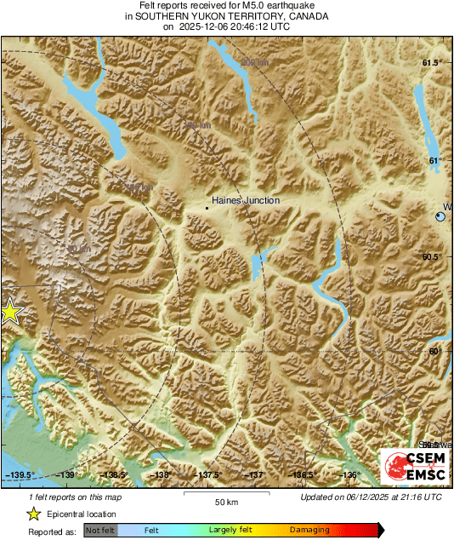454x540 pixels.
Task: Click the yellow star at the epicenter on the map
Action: [x=9, y=312]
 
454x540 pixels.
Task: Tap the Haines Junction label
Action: [x=246, y=200]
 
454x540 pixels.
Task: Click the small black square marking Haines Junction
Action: [x=207, y=206]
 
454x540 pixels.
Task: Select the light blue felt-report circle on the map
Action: [x=440, y=217]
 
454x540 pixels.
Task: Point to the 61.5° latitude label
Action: [x=433, y=63]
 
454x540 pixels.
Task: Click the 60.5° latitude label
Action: [x=433, y=256]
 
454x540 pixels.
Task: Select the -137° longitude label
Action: [x=255, y=475]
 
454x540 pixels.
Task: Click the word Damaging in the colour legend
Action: [x=309, y=530]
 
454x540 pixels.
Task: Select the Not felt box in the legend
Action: [x=101, y=530]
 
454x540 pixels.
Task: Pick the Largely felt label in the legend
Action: [x=232, y=530]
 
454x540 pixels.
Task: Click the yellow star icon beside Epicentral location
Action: [x=33, y=514]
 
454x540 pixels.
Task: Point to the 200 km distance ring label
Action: [x=253, y=63]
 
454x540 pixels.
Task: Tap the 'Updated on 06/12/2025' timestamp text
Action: [x=372, y=497]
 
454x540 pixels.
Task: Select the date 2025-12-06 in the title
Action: [x=201, y=26]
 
